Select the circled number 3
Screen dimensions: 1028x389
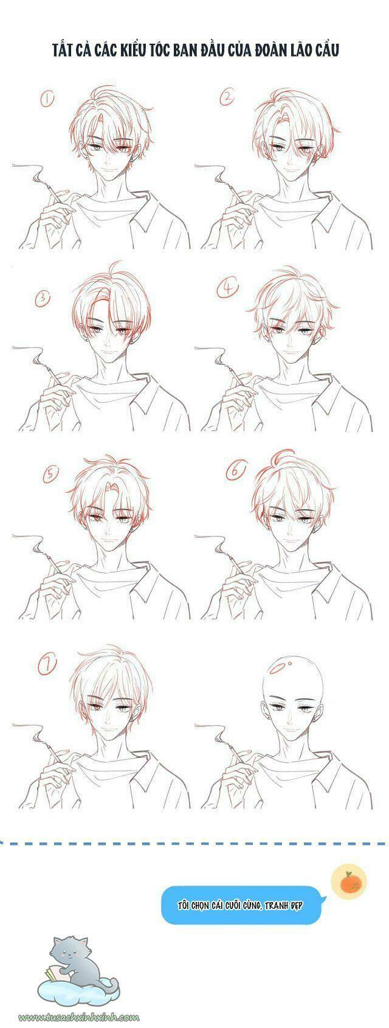click(43, 298)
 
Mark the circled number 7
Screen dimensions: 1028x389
click(47, 665)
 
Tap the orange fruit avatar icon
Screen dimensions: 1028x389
click(348, 882)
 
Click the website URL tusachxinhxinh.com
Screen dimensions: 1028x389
click(79, 1016)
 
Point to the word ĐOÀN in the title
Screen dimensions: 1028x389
click(268, 51)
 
